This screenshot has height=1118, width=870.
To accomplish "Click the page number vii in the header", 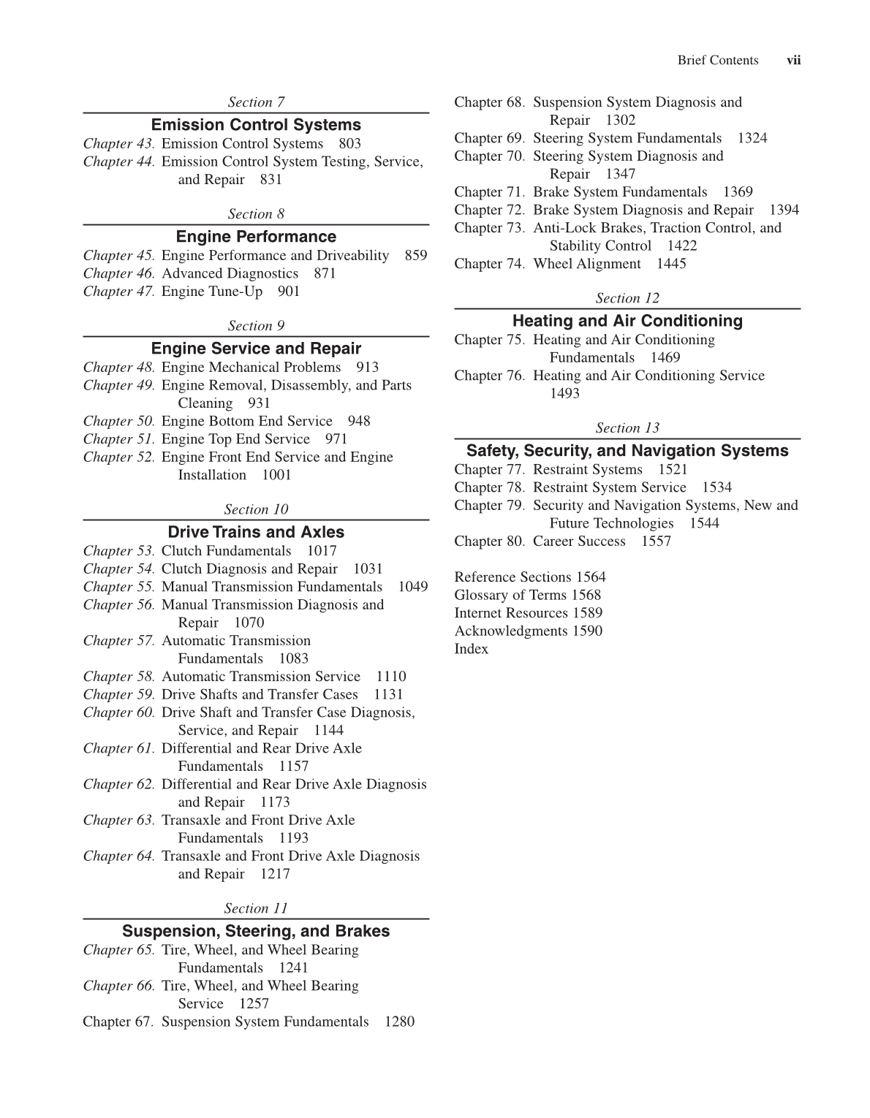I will pos(793,61).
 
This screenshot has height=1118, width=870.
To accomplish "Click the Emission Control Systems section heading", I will pos(256,125).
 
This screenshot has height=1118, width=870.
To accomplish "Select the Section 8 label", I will pos(256,214).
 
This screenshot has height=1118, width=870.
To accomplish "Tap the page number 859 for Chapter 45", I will pos(415,256).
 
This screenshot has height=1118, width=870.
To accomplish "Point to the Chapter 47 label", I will pos(118,292).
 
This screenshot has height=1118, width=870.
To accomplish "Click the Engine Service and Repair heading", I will pos(256,349).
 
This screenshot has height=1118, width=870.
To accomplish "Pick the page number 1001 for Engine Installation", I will pos(276,475).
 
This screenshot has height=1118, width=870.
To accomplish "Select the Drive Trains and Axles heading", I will pos(256,532).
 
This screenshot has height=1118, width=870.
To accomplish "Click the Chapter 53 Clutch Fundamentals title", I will pos(226,551).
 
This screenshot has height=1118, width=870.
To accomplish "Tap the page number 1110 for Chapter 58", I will pos(391,677).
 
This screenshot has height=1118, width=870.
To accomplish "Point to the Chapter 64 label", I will pos(118,856).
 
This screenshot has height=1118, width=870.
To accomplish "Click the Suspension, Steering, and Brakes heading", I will pos(256,931).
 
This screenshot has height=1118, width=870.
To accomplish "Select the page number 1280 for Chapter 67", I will pos(399,1022).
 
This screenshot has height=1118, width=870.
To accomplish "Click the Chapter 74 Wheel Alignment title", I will pos(586,264).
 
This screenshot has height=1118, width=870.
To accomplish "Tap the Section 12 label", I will pos(627,298).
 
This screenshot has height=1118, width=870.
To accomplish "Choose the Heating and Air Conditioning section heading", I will pos(627,321).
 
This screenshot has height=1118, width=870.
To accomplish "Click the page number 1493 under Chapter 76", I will pos(564,393).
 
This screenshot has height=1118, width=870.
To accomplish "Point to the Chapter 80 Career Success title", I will pos(579,541).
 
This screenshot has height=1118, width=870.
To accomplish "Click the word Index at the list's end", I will pos(471,649).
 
